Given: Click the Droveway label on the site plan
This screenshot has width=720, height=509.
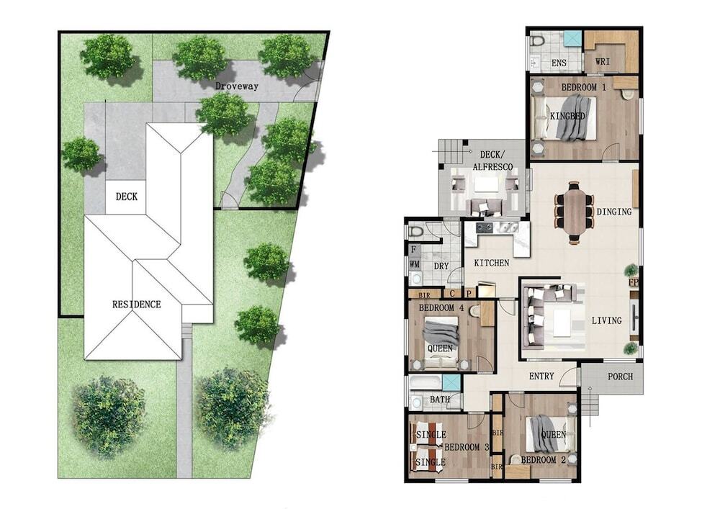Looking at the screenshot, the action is tap(236, 86).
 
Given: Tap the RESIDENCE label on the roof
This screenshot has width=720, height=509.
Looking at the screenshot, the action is tap(136, 305).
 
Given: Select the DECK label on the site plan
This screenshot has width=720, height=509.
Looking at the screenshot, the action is tap(126, 197).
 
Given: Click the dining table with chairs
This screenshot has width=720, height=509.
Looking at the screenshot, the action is tap(574, 212).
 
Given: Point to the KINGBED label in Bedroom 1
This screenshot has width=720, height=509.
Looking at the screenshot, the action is tap(567, 116).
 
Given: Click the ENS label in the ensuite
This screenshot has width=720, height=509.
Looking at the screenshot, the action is tap(559, 63).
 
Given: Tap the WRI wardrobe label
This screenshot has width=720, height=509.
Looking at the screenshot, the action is tap(602, 60).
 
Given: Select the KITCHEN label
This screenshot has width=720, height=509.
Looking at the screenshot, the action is tap(491, 263).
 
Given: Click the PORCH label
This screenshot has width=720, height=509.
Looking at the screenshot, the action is tap(621, 377).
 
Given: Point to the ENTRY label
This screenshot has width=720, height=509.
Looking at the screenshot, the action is tap(541, 377).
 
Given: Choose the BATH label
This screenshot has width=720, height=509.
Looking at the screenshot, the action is tap(439, 400).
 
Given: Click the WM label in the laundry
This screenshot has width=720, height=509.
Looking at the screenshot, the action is tap(414, 264).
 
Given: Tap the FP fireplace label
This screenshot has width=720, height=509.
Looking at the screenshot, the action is tap(633, 281).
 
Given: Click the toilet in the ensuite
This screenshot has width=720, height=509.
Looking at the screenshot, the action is tap(537, 40).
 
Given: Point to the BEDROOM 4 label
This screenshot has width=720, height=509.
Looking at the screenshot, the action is tap(437, 307).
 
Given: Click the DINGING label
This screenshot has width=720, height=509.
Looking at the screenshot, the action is tap(614, 212).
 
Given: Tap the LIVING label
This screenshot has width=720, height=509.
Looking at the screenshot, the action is tap(606, 320).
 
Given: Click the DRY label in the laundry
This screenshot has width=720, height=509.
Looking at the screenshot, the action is tap(441, 266).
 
